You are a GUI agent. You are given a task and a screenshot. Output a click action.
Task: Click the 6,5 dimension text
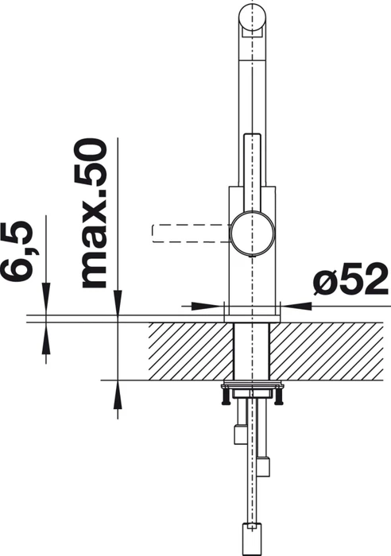[x=21, y=252]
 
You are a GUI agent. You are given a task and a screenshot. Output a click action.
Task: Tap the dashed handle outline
[x=192, y=234]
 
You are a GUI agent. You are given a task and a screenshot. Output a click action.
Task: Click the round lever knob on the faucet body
[x=252, y=233]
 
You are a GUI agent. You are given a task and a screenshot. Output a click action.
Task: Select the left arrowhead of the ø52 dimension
[x=204, y=306]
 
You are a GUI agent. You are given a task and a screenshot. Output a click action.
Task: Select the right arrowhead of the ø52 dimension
[x=299, y=306]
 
